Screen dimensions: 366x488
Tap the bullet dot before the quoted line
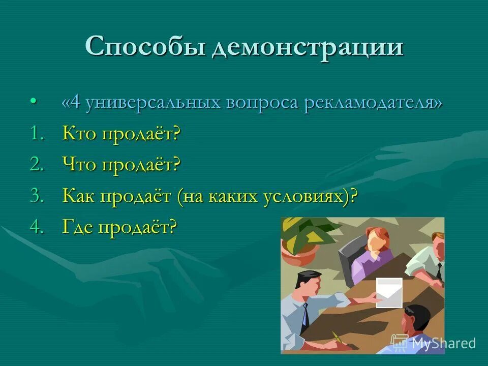[x=34, y=102]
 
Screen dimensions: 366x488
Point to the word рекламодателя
[x=373, y=103]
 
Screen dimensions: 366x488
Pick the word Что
[x=80, y=165]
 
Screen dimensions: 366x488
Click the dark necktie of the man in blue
[x=305, y=315]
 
